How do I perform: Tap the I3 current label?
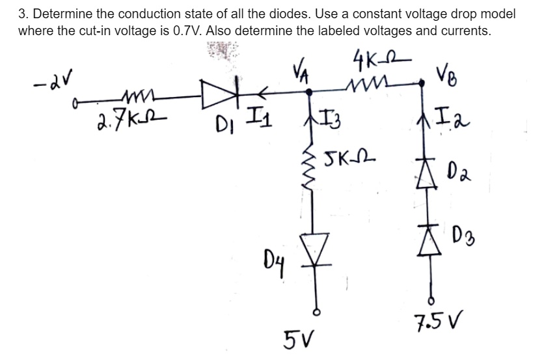point(328,122)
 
